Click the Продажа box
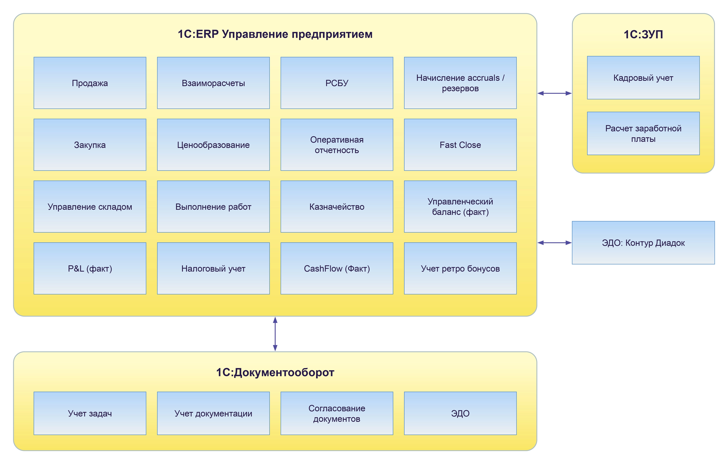click(x=90, y=83)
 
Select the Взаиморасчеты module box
click(x=213, y=83)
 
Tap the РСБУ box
click(x=337, y=83)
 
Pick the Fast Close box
click(x=460, y=145)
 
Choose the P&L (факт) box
click(x=90, y=268)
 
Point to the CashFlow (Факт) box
click(x=337, y=268)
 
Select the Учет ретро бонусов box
click(x=460, y=268)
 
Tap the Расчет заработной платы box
click(x=643, y=134)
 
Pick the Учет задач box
click(x=90, y=413)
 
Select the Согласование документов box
click(x=337, y=413)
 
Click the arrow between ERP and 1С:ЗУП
click(x=554, y=93)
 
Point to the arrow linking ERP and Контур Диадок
click(x=554, y=242)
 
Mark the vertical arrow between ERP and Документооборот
click(x=275, y=334)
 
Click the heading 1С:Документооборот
click(x=275, y=372)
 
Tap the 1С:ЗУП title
click(x=643, y=34)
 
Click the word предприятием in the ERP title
click(x=332, y=34)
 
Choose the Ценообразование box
click(x=213, y=145)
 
